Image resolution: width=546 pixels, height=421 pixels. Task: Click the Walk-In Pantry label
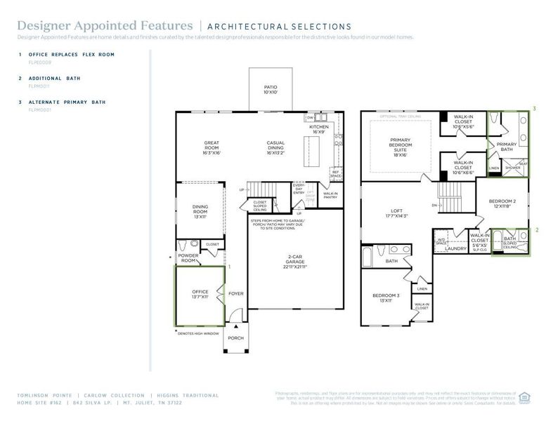pyautogui.click(x=330, y=196)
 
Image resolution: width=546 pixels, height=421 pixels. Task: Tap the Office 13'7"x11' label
pyautogui.click(x=201, y=295)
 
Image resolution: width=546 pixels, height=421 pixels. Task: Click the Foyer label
pyautogui.click(x=236, y=293)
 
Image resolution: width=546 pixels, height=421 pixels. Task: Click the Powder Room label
pyautogui.click(x=188, y=258)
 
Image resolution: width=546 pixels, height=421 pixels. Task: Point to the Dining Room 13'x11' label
pyautogui.click(x=200, y=211)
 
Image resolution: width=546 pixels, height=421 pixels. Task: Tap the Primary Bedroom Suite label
pyautogui.click(x=400, y=147)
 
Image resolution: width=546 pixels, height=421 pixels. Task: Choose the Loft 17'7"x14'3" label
pyautogui.click(x=396, y=213)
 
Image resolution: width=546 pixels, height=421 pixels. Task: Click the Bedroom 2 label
pyautogui.click(x=502, y=203)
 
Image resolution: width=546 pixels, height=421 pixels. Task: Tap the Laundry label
pyautogui.click(x=456, y=248)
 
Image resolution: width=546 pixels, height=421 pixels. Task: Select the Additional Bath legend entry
pyautogui.click(x=53, y=78)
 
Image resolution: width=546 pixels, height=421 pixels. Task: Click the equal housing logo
pyautogui.click(x=524, y=397)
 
